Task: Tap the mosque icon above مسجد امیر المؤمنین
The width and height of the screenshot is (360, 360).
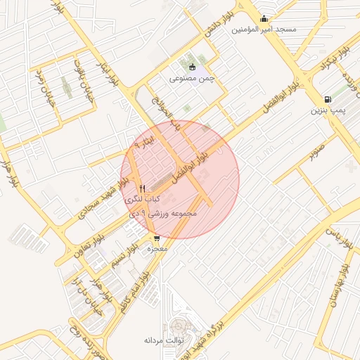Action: [x=264, y=19]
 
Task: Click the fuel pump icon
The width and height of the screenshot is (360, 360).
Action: [x=328, y=99]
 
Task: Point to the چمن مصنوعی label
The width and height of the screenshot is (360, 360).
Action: [x=191, y=79]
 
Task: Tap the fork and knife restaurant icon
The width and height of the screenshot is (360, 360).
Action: [x=143, y=188]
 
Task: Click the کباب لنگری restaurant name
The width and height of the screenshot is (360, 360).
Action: [x=141, y=200]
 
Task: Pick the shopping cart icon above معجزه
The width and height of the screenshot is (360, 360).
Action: [x=156, y=238]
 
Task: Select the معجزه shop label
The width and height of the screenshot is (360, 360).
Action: [x=156, y=250]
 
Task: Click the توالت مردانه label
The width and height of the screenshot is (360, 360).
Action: [x=164, y=340]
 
